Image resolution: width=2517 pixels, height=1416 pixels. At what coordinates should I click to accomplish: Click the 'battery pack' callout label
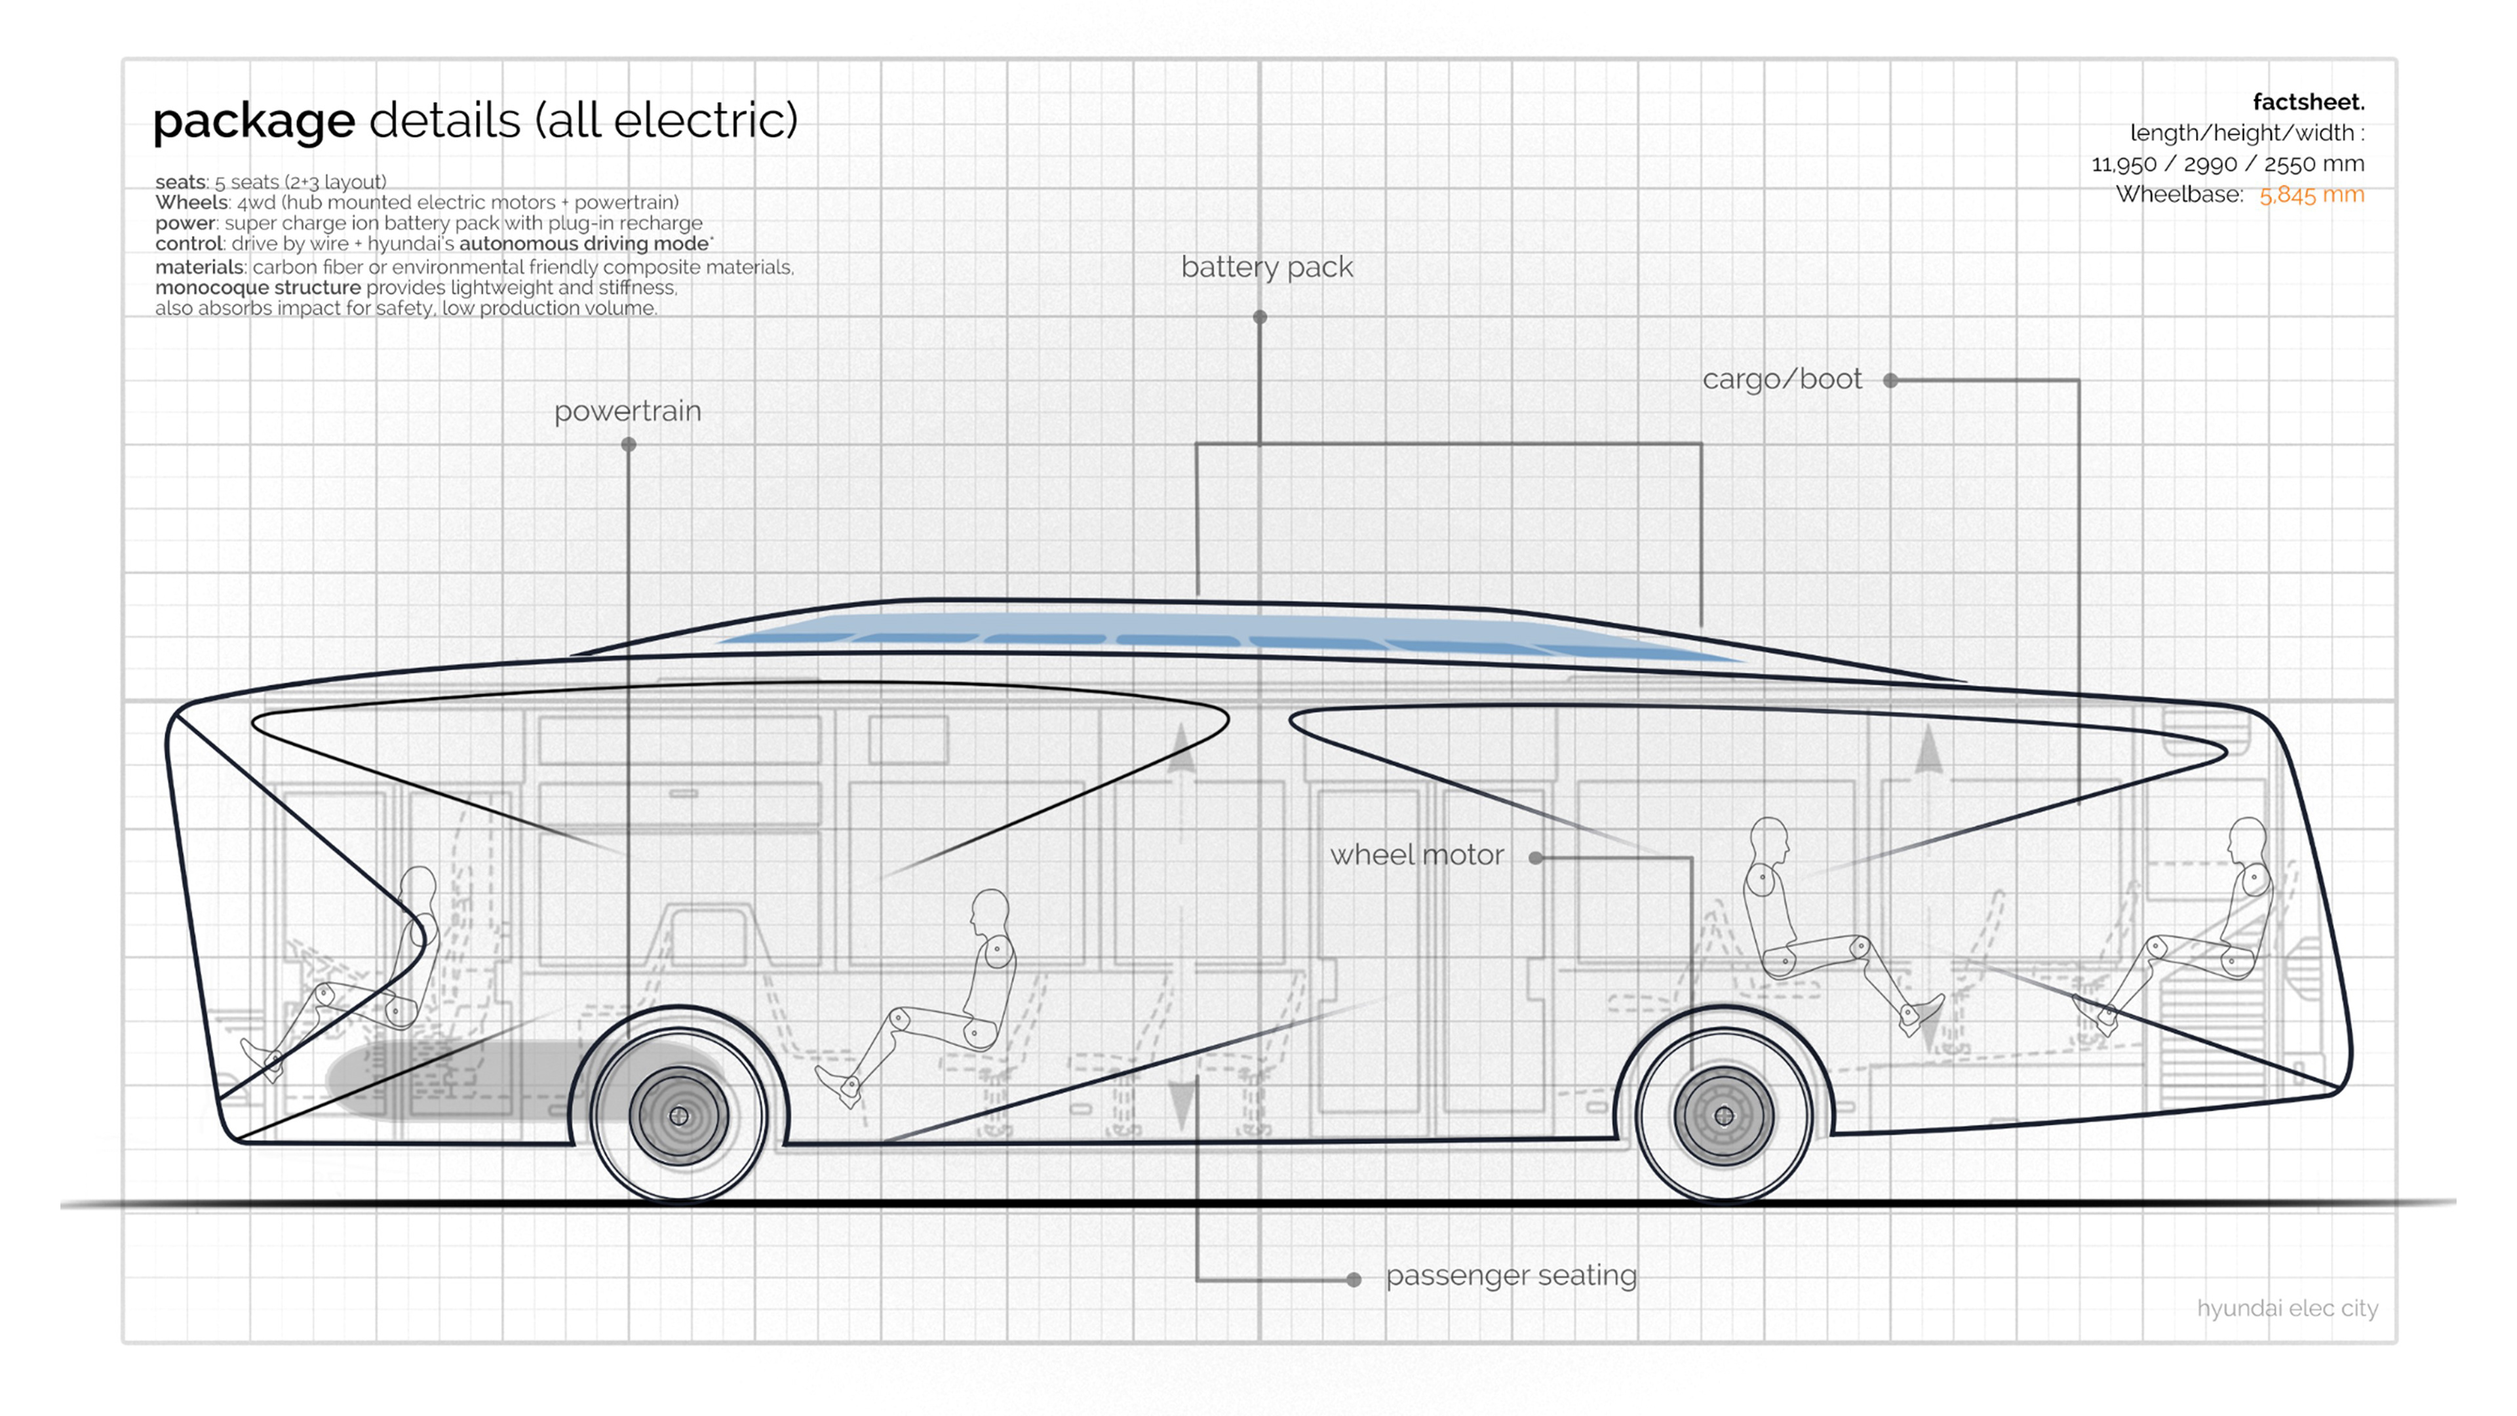pyautogui.click(x=1266, y=267)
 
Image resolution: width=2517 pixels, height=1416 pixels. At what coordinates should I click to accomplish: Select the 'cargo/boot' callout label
pyautogui.click(x=1782, y=379)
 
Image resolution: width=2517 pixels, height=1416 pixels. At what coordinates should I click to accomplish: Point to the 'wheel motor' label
pyautogui.click(x=1416, y=855)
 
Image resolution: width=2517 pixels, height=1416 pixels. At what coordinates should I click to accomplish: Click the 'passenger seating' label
pyautogui.click(x=1511, y=1275)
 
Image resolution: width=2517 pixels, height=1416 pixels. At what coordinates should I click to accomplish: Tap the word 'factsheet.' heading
pyautogui.click(x=2308, y=102)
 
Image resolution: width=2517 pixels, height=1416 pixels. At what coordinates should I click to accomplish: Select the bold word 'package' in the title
pyautogui.click(x=254, y=121)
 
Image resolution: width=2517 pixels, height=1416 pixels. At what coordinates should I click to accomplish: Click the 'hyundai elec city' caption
pyautogui.click(x=2286, y=1308)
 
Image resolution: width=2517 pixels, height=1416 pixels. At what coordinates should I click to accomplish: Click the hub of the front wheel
pyautogui.click(x=679, y=1116)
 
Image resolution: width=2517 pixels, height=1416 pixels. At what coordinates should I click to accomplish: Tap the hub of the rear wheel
pyautogui.click(x=1724, y=1116)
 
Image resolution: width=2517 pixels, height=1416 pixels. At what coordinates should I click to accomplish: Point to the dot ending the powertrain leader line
pyautogui.click(x=629, y=444)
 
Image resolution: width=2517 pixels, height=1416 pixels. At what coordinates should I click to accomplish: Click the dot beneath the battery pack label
pyautogui.click(x=1259, y=317)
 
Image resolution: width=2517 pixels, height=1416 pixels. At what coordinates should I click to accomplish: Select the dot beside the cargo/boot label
pyautogui.click(x=1890, y=380)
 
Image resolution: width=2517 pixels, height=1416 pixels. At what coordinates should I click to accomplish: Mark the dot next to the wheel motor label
pyautogui.click(x=1536, y=858)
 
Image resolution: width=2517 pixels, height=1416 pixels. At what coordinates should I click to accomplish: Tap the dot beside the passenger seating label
pyautogui.click(x=1354, y=1279)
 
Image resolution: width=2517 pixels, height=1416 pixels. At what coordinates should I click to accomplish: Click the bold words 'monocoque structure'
pyautogui.click(x=258, y=287)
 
